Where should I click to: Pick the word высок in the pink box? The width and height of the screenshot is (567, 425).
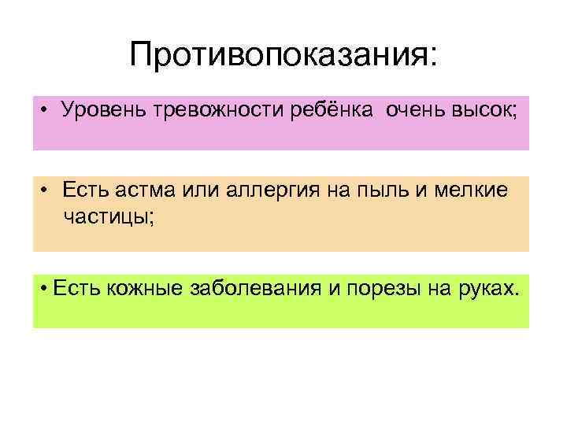[484, 112]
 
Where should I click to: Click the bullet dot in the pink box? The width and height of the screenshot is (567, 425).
[48, 112]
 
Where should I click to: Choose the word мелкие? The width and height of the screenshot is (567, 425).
[478, 190]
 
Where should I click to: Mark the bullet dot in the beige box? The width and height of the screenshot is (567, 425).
[48, 190]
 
